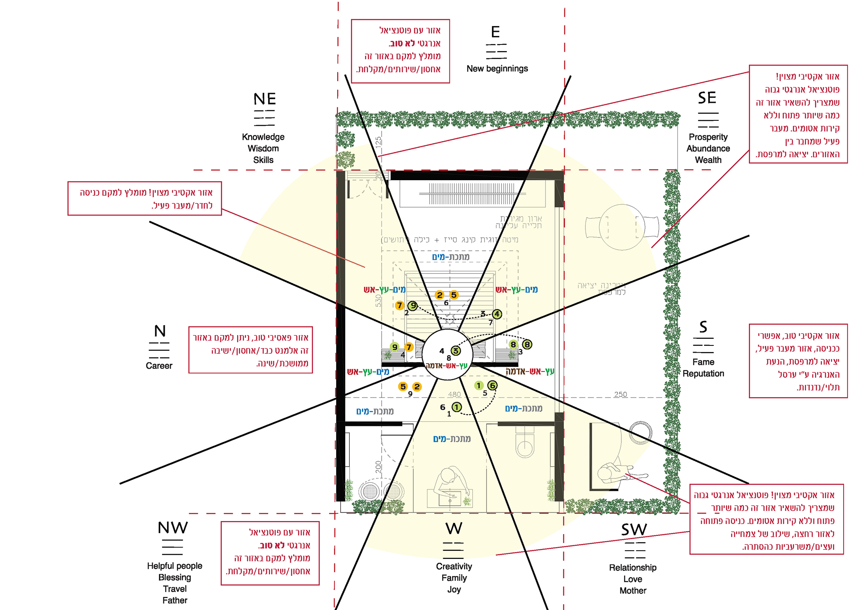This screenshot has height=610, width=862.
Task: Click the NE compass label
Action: coord(264,99)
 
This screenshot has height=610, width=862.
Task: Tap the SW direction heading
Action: coord(634,530)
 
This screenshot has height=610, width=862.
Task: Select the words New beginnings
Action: coord(497,69)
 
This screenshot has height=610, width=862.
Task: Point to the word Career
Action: coord(159,366)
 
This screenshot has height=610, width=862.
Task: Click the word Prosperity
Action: coord(708,137)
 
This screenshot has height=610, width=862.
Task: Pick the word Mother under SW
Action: coord(633,591)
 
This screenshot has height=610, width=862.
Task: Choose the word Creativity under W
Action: coord(454,566)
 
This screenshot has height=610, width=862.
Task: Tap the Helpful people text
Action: coord(175,566)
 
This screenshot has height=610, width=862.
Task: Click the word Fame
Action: coord(703,362)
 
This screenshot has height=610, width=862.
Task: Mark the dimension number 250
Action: coord(620,394)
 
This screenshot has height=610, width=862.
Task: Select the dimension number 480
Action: coord(454,394)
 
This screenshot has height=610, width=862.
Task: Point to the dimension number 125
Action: coord(378,142)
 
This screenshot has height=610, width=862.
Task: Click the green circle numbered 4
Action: coord(497,314)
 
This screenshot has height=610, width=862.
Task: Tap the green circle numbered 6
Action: coord(493,385)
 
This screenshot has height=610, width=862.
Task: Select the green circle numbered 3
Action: coord(456,351)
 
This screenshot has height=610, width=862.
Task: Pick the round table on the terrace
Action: coord(622,227)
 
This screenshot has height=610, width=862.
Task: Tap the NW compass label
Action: coord(173,527)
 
